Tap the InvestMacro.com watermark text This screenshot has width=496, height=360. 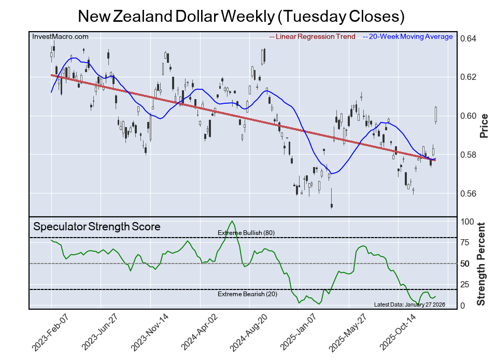(x=61, y=36)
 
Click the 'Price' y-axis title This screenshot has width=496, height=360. (x=484, y=126)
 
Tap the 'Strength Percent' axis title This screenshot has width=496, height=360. (x=482, y=264)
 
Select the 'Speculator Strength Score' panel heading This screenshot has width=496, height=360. (x=97, y=227)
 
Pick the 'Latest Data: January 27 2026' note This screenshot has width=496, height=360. (x=409, y=304)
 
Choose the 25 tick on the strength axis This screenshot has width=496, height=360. (x=466, y=285)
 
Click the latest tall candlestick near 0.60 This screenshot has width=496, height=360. (x=436, y=115)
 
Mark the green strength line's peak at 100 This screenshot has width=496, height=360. (x=232, y=222)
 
